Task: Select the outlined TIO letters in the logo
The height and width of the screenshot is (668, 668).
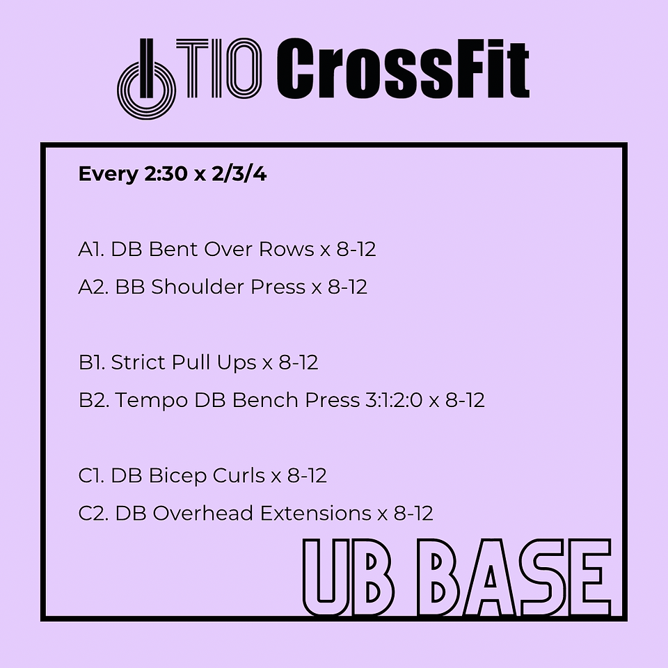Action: [219, 67]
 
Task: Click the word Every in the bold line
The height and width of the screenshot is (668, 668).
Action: [109, 174]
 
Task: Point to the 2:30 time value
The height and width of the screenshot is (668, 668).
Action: [166, 174]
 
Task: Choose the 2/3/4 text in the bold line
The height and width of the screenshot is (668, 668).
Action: [239, 174]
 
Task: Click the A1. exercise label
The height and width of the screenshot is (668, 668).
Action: [92, 249]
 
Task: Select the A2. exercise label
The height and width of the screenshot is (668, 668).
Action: [94, 287]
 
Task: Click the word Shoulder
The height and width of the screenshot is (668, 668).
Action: [198, 287]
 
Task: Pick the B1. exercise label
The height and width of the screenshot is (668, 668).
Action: [92, 362]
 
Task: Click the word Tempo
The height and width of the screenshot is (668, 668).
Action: [152, 401]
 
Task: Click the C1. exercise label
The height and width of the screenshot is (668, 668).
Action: [92, 475]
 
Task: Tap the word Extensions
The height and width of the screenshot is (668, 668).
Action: [316, 513]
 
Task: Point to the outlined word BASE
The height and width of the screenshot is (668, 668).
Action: [516, 578]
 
